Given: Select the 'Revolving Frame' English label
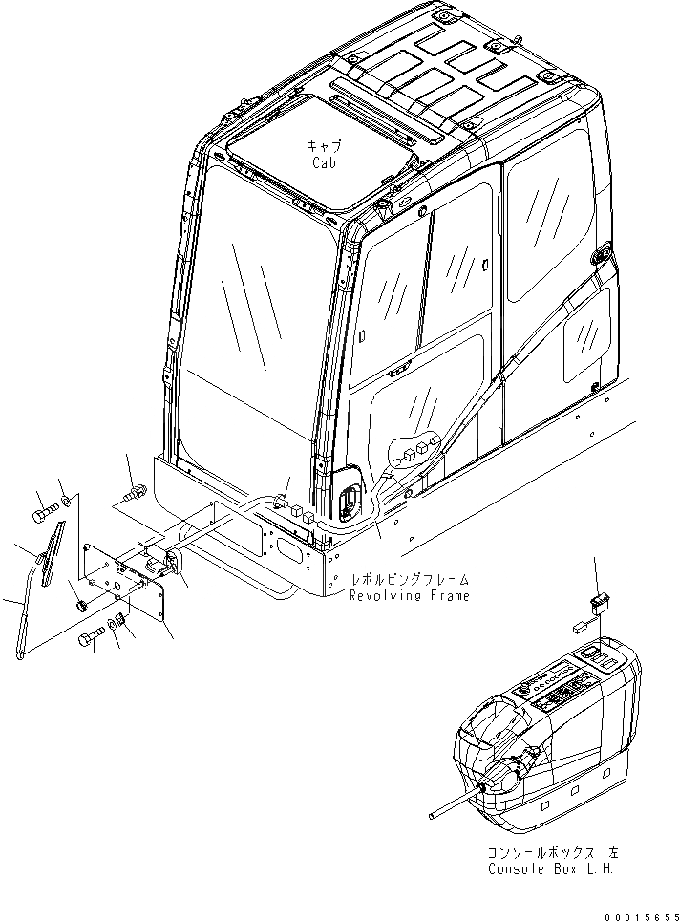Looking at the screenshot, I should pyautogui.click(x=409, y=596).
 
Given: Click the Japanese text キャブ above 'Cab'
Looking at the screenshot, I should pyautogui.click(x=324, y=145).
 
